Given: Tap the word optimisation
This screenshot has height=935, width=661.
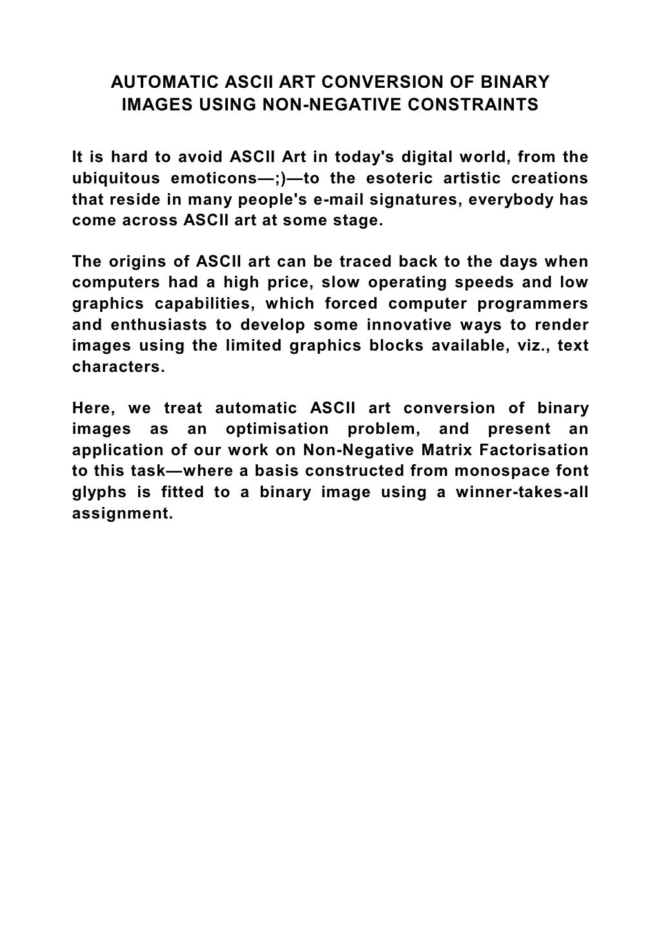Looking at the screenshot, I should pos(277,429).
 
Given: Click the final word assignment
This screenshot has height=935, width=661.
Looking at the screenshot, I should pos(123,513).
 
